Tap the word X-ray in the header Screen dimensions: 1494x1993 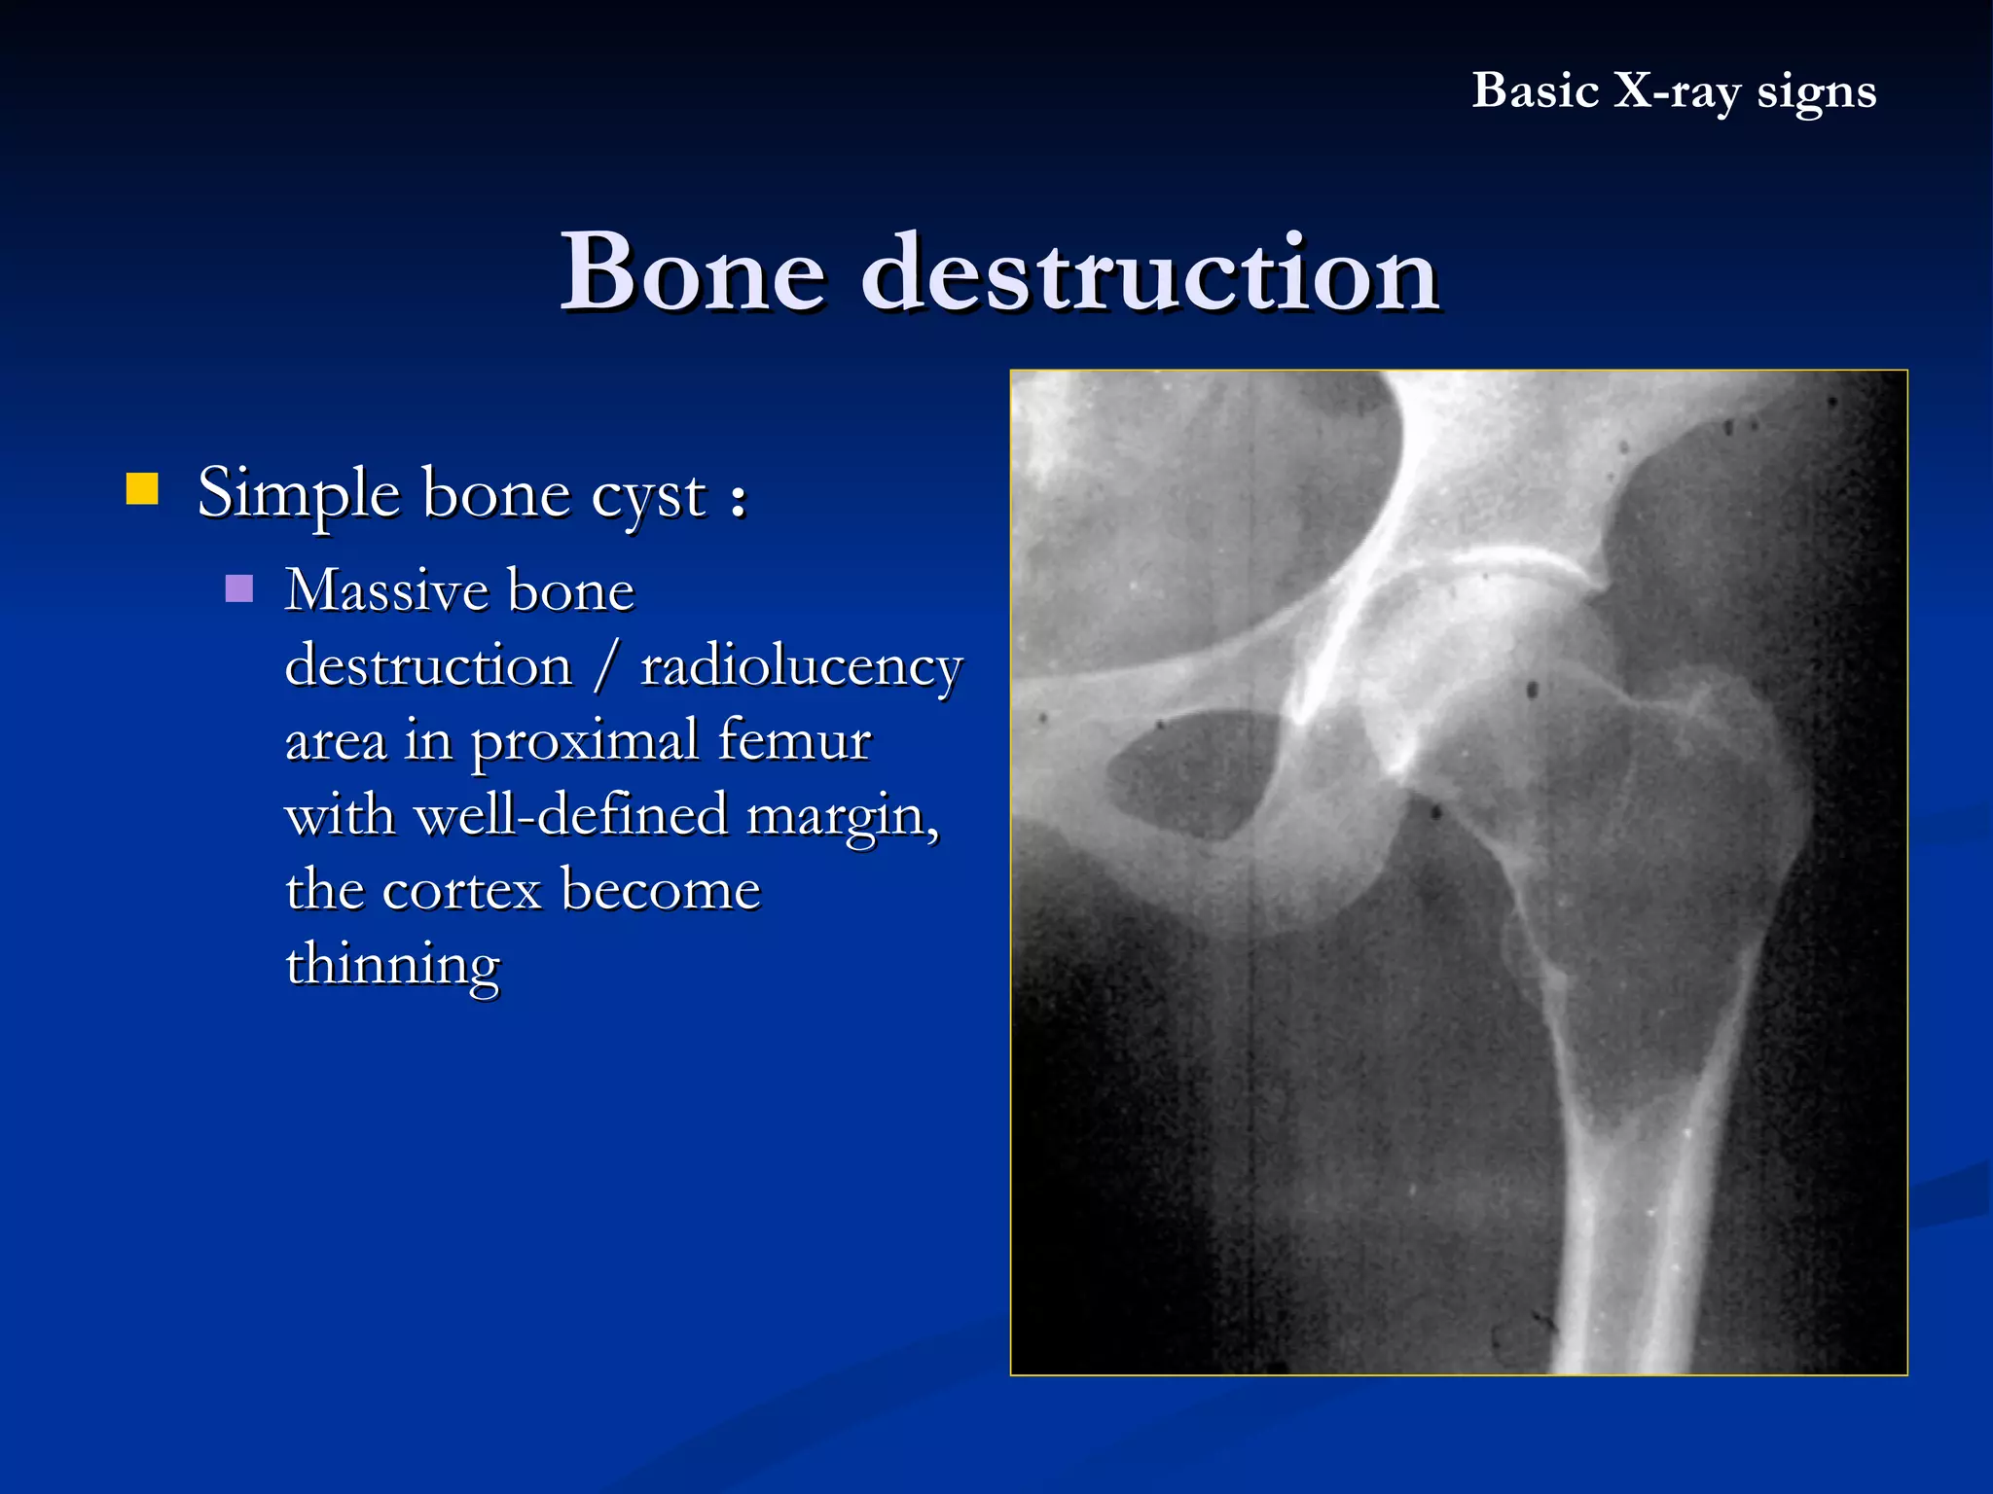coord(1677,90)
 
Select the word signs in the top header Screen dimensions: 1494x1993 coord(1816,92)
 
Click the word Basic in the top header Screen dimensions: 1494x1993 coord(1535,90)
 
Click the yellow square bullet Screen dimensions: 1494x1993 coord(142,489)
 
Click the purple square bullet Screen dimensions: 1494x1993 coord(238,588)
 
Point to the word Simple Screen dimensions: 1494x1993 coord(298,494)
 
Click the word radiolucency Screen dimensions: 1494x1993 coord(801,667)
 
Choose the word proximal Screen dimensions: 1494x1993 coord(585,742)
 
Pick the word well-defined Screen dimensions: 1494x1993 coord(571,814)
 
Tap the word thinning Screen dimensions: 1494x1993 coord(392,965)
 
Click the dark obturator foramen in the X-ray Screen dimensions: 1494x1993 coord(1192,773)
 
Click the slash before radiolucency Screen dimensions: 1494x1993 coord(607,666)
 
